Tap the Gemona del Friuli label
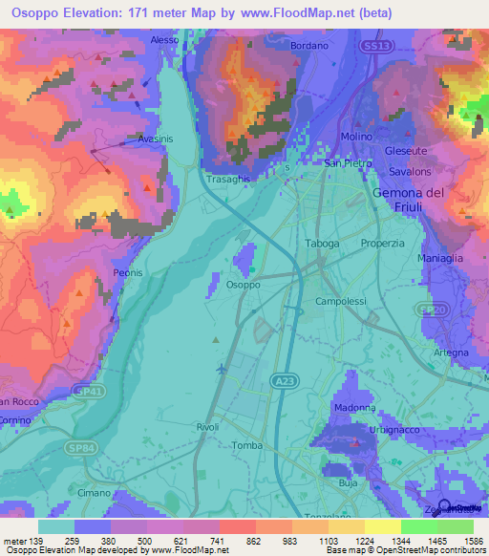tap(407, 200)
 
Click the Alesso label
tap(164, 40)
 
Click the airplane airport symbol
tap(223, 367)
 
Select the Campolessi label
tap(340, 300)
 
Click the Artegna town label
tap(451, 353)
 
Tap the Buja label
tap(348, 484)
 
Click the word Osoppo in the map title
tap(30, 12)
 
